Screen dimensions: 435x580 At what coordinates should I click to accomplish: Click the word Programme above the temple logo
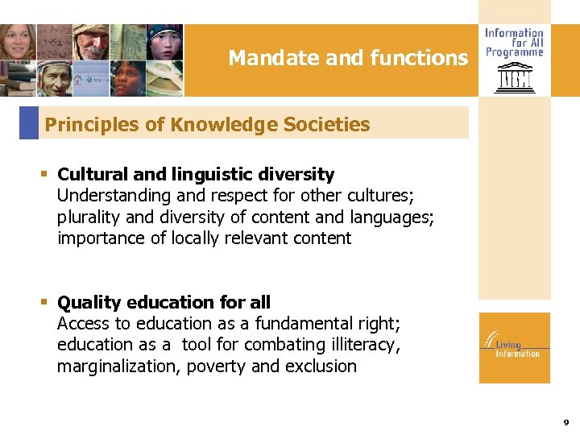pyautogui.click(x=514, y=52)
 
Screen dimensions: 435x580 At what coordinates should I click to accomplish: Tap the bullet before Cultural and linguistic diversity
pyautogui.click(x=45, y=174)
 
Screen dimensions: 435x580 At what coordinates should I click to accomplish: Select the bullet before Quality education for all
pyautogui.click(x=45, y=302)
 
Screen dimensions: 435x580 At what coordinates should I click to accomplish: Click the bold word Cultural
pyautogui.click(x=93, y=174)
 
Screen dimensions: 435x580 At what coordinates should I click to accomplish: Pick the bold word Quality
pyautogui.click(x=89, y=302)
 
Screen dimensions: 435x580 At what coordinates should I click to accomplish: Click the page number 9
pyautogui.click(x=565, y=422)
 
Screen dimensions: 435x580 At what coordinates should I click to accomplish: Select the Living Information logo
pyautogui.click(x=514, y=347)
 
